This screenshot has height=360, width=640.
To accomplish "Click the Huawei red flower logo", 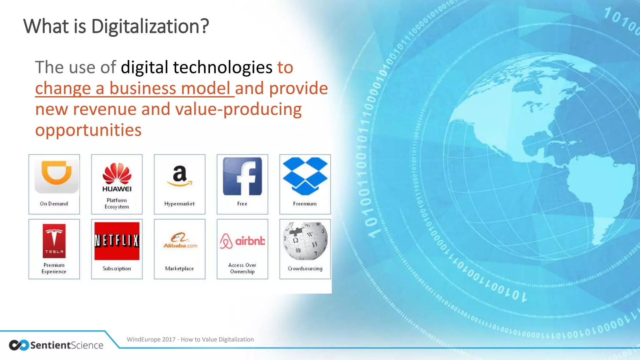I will click(117, 174).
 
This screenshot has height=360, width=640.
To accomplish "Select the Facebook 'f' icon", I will click(242, 176).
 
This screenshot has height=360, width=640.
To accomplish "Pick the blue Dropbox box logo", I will click(305, 176).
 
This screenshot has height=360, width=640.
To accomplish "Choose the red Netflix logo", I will click(117, 241).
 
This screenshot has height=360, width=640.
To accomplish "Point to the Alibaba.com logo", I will click(180, 241).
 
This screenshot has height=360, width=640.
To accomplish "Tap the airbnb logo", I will click(242, 241).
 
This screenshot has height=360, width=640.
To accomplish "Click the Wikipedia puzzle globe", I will click(305, 241).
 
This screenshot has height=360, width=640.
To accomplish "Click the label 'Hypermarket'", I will click(179, 204).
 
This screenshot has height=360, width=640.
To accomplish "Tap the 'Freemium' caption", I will click(305, 204).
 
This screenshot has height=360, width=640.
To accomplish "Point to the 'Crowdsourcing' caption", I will click(305, 268).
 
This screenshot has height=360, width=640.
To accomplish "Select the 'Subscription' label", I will click(117, 268).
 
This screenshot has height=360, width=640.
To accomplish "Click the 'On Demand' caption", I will click(54, 204).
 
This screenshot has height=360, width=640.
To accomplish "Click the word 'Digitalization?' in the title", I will click(150, 26).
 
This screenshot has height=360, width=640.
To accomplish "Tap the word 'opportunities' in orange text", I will click(88, 130).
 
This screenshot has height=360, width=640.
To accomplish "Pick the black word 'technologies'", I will click(222, 67).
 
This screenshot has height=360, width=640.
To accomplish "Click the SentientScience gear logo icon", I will click(19, 345).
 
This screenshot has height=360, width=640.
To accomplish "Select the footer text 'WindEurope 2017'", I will click(151, 339).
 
